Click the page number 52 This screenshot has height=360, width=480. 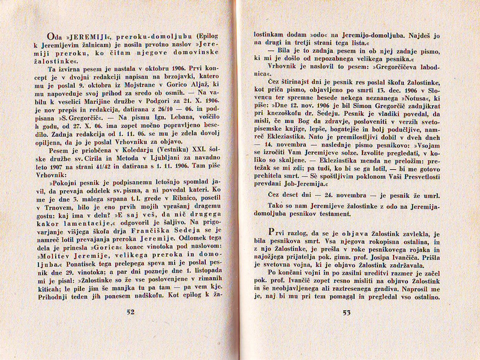130,311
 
